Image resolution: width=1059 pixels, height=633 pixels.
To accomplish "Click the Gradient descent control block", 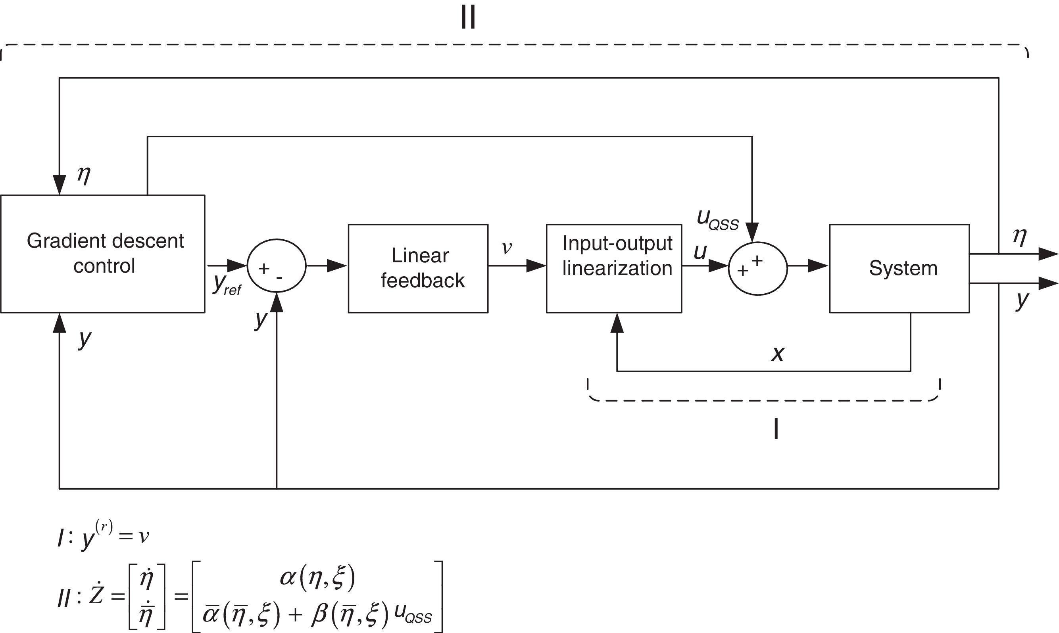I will [103, 254].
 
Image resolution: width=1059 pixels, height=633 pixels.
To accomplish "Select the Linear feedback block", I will [418, 268].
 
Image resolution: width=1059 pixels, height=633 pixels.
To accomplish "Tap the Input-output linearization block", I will [614, 268].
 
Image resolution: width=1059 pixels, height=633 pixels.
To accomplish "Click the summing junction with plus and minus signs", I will [277, 266].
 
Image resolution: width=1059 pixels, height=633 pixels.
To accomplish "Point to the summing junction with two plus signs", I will [757, 267].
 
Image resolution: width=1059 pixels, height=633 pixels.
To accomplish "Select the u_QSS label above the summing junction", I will [717, 220].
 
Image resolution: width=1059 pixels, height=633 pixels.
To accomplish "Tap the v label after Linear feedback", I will [506, 247].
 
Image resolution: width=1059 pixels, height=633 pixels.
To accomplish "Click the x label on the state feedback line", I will [778, 354].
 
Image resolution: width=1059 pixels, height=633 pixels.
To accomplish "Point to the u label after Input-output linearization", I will [700, 252].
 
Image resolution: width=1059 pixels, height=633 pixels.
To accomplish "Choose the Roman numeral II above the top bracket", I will [468, 19].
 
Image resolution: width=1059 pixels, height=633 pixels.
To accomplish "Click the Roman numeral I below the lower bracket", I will [776, 429].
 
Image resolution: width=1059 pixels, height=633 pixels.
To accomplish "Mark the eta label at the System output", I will [1020, 237].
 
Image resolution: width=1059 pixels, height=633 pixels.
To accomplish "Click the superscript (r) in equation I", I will [104, 528].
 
